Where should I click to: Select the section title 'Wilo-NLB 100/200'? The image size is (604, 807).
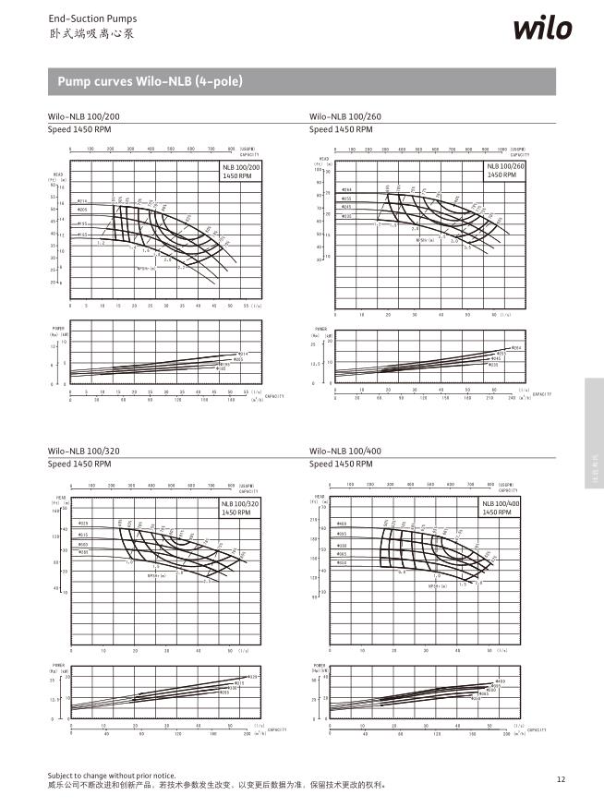click(x=83, y=117)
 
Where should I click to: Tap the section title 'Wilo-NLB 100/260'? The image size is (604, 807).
click(x=344, y=117)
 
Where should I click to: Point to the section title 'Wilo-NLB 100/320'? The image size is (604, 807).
click(x=83, y=452)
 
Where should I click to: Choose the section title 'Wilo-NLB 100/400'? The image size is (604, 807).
click(x=344, y=452)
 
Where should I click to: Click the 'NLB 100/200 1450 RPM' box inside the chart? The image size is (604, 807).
click(x=241, y=170)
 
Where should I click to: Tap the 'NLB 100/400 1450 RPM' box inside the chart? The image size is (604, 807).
click(x=501, y=507)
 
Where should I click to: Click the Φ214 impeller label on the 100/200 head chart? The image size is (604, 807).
click(x=81, y=201)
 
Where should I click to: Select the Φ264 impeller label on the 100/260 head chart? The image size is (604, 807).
click(x=347, y=189)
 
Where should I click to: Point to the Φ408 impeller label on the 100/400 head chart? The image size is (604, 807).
click(x=342, y=524)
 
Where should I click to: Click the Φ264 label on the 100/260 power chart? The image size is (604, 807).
click(x=516, y=347)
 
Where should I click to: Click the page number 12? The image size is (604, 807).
click(x=561, y=779)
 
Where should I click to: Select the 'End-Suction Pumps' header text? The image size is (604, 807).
click(x=79, y=18)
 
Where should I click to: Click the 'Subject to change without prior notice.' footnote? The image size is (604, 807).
click(x=111, y=776)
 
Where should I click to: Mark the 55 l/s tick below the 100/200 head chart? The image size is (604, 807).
click(x=246, y=305)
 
